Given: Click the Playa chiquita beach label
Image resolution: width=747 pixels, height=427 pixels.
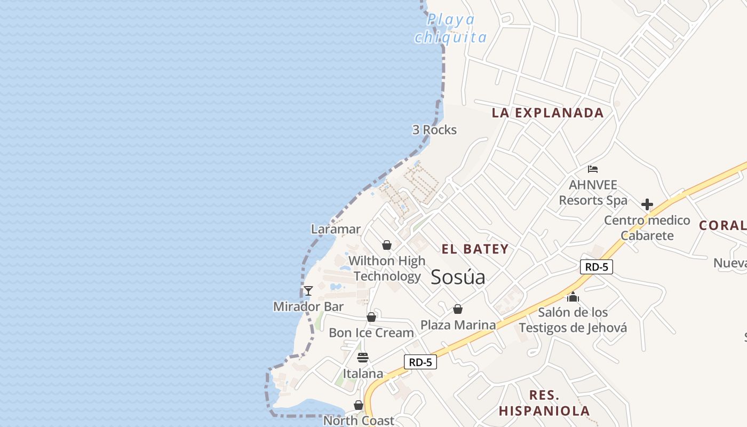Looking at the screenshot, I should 451,28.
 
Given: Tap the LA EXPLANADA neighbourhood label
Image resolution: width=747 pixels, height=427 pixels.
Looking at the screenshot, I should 547,113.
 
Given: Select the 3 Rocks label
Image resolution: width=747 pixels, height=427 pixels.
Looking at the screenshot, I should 434,130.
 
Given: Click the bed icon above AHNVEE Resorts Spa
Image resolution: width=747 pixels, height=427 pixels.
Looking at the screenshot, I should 592,169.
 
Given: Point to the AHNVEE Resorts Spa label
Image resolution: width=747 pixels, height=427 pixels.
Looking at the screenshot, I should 593,193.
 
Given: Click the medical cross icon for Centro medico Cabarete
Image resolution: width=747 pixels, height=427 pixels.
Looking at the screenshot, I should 647,204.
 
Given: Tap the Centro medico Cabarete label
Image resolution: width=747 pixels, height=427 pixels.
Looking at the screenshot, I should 647,228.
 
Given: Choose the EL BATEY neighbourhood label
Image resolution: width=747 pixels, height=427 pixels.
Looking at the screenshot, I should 475,249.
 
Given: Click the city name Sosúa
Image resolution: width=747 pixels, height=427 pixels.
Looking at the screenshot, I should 458,277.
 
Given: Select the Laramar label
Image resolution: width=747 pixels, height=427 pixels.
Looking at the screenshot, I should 336,230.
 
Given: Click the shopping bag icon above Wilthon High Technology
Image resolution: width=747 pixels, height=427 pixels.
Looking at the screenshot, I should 387,245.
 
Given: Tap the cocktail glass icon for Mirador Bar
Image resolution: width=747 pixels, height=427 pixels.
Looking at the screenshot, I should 308,291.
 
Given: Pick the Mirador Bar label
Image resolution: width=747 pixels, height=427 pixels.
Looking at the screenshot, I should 308,307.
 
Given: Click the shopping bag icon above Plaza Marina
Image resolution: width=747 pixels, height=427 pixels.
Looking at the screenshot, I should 458,309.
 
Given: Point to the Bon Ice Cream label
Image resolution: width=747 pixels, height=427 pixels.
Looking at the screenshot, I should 371,333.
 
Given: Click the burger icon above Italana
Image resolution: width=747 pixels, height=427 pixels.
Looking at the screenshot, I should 363,358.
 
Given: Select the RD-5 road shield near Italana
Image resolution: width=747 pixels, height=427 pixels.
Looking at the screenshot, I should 420,362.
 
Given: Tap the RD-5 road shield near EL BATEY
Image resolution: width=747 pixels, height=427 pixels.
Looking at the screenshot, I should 597,267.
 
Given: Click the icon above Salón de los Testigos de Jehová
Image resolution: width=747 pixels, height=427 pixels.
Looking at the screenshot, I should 573,297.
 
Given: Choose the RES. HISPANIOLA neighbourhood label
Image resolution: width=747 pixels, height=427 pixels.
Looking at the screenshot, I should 544,403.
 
